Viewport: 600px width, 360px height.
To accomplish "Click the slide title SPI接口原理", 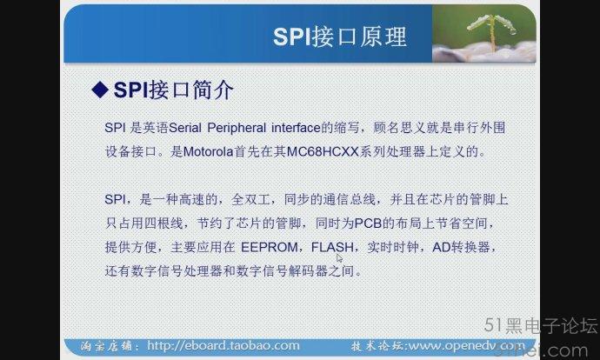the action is point(340,37).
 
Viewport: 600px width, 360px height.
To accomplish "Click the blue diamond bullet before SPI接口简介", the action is point(100,90).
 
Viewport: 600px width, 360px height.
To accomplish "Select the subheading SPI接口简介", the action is point(173,90).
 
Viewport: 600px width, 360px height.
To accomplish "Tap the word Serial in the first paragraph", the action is point(185,128).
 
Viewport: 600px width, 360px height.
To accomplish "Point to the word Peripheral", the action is point(237,128).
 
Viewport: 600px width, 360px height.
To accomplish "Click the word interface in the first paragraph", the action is point(296,128).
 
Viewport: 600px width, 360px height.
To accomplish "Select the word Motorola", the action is point(208,152).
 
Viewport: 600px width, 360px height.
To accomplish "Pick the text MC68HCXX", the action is point(323,152).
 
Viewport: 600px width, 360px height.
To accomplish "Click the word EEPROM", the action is point(270,247).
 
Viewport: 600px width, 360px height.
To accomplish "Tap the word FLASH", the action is point(332,247).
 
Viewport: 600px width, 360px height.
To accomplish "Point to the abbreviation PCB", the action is point(368,223).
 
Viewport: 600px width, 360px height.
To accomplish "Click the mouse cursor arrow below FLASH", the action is point(339,258).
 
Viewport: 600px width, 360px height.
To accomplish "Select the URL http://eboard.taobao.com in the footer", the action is point(223,345).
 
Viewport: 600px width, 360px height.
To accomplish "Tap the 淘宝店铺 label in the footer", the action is point(110,346).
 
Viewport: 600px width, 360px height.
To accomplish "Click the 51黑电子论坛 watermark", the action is point(540,325).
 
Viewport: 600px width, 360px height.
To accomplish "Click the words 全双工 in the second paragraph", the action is point(250,199).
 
